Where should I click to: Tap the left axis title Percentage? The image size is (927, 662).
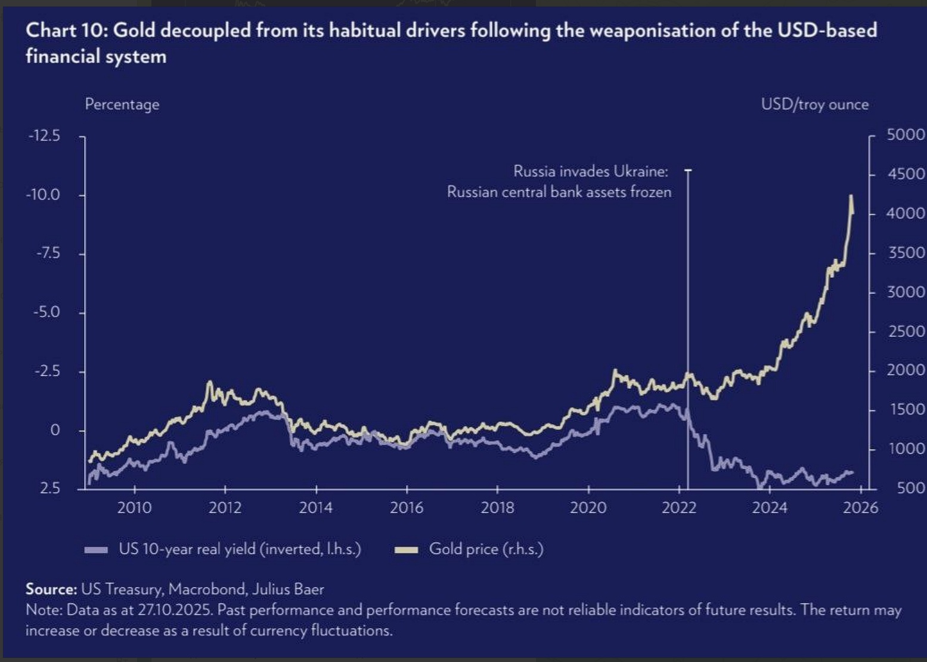(122, 104)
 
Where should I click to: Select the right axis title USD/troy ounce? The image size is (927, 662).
(814, 104)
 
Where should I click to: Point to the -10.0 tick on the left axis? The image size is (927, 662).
(43, 195)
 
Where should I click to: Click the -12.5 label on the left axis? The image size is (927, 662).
(44, 136)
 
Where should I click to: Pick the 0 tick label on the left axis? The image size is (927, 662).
(55, 430)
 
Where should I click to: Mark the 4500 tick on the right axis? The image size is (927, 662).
(906, 174)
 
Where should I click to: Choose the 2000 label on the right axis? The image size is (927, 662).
(906, 370)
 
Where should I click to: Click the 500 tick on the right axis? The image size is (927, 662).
(909, 488)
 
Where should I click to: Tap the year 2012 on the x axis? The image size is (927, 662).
(225, 508)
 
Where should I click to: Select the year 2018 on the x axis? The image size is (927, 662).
(497, 508)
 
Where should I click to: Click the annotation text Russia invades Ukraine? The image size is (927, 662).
(590, 172)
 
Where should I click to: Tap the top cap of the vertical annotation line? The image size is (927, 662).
(688, 171)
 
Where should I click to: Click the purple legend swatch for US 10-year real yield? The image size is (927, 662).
(97, 549)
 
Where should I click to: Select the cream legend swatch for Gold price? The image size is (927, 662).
(407, 549)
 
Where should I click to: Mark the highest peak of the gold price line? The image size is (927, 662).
(851, 196)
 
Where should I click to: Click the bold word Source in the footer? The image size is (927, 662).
(51, 589)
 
